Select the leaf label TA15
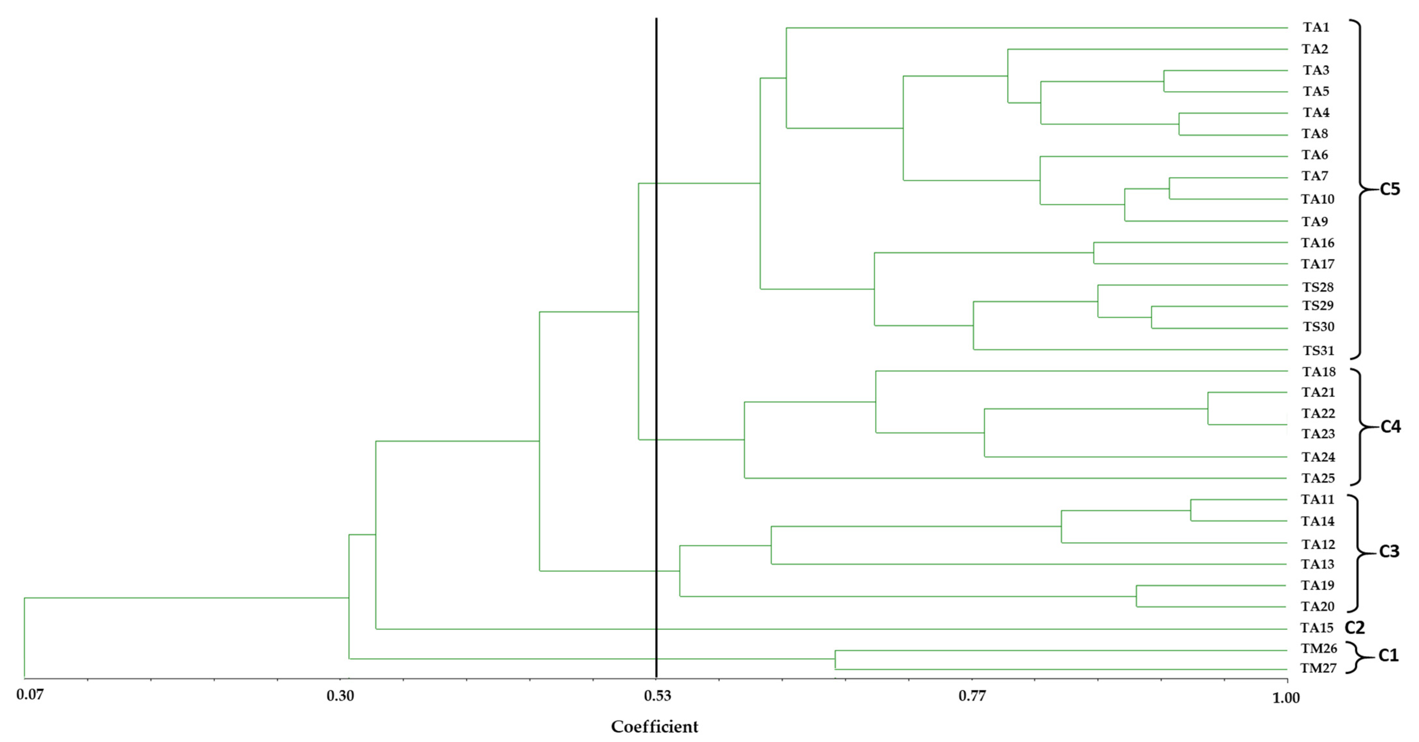(1317, 628)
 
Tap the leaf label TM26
(1319, 649)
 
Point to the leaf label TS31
(1318, 351)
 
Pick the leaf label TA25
(1318, 478)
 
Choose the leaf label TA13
(1318, 564)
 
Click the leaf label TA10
(1318, 199)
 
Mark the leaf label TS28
(1318, 287)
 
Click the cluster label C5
(1389, 189)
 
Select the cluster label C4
(1390, 427)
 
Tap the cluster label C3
(1389, 552)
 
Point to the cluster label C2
(1355, 628)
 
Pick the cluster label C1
(1388, 656)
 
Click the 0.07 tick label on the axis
(30, 695)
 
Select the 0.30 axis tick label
(340, 696)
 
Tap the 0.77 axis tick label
(972, 696)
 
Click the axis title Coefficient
(655, 727)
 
